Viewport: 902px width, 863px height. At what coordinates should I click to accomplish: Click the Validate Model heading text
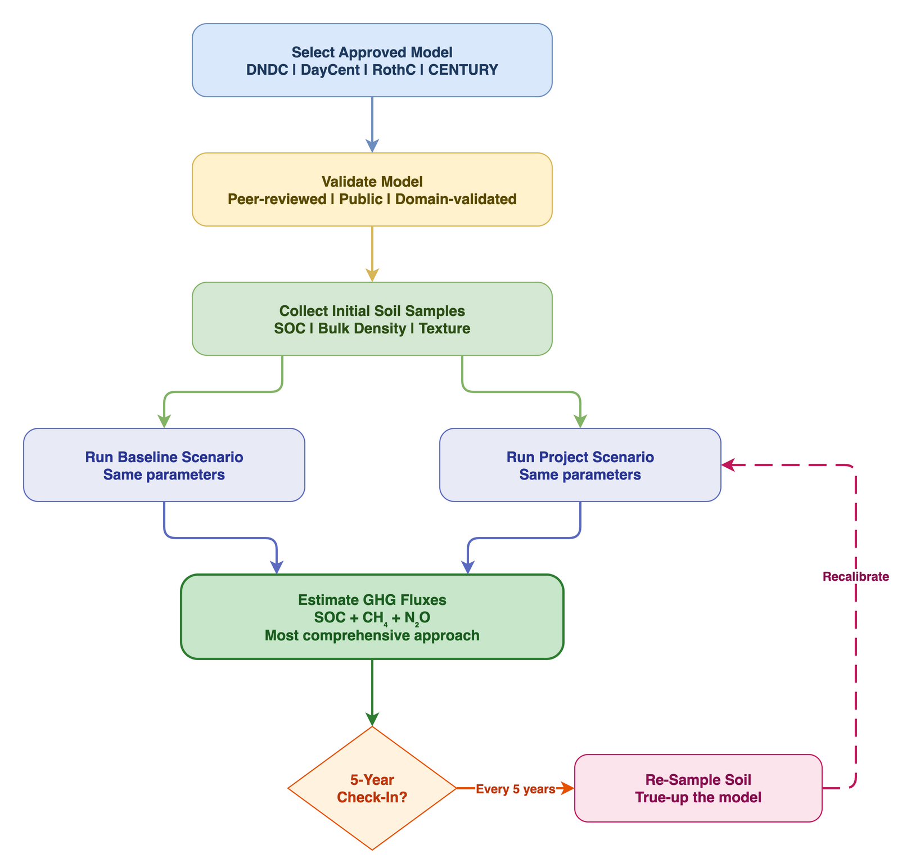tap(372, 182)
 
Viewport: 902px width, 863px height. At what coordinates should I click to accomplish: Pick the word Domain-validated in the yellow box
tap(455, 199)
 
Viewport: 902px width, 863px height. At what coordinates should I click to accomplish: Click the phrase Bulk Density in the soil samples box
tap(362, 328)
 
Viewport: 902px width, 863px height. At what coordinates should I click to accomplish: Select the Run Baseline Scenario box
tap(164, 465)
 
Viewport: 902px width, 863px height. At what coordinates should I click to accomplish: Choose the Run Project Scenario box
tap(580, 465)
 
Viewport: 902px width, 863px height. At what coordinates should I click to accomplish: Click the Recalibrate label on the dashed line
tap(855, 576)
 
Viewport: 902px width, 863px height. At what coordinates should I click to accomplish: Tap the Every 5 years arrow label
tap(515, 789)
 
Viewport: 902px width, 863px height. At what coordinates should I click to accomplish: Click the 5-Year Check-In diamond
tap(372, 788)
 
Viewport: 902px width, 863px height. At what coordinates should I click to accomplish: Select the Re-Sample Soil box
tap(698, 788)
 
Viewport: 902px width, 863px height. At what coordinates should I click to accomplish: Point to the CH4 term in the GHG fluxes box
tap(375, 618)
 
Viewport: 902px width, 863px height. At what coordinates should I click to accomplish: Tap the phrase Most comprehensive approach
tap(372, 635)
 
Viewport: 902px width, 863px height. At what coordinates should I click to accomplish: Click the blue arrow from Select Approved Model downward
tap(372, 124)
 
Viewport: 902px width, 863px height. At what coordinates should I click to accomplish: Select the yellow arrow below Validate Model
tap(372, 253)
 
